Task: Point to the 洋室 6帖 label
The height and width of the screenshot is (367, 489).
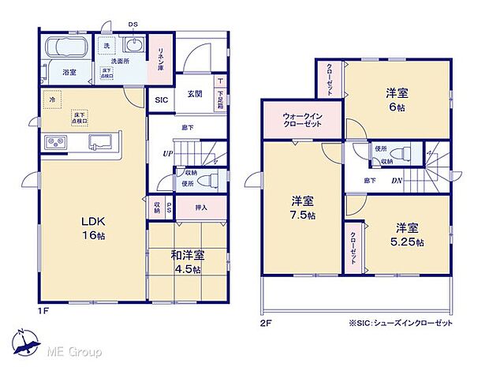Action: point(396,99)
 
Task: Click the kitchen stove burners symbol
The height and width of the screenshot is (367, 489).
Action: point(57,142)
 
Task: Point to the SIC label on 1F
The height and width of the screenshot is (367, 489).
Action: point(161,100)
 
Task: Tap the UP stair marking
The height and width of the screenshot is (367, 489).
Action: point(168,153)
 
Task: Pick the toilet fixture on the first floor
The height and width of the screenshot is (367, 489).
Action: point(207,181)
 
